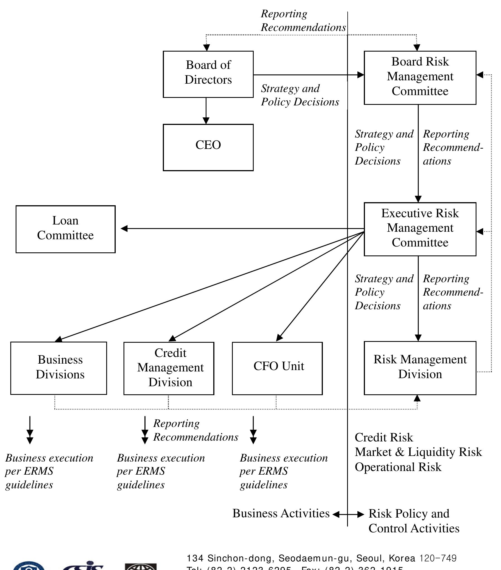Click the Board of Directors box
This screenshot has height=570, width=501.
click(208, 74)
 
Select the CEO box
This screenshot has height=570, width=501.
click(208, 147)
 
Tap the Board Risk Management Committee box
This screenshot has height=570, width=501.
click(420, 78)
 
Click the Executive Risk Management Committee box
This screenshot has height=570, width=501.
click(420, 229)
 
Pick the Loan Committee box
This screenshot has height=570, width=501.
click(66, 229)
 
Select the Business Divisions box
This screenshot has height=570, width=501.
click(59, 368)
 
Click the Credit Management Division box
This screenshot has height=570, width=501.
click(169, 368)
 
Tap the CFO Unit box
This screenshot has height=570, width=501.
click(277, 368)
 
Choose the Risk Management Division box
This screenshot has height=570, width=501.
click(420, 368)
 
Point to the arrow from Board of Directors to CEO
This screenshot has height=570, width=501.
click(206, 111)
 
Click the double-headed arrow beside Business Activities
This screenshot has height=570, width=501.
click(348, 514)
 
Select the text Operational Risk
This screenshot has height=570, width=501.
click(398, 467)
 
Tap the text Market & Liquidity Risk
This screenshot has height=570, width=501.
click(418, 452)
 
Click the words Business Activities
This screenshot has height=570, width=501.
click(281, 513)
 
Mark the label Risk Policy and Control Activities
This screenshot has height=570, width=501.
click(413, 521)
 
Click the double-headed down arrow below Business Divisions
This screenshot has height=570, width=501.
click(30, 430)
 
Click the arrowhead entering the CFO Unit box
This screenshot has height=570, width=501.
click(279, 338)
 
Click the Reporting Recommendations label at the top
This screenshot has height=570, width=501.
click(303, 21)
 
